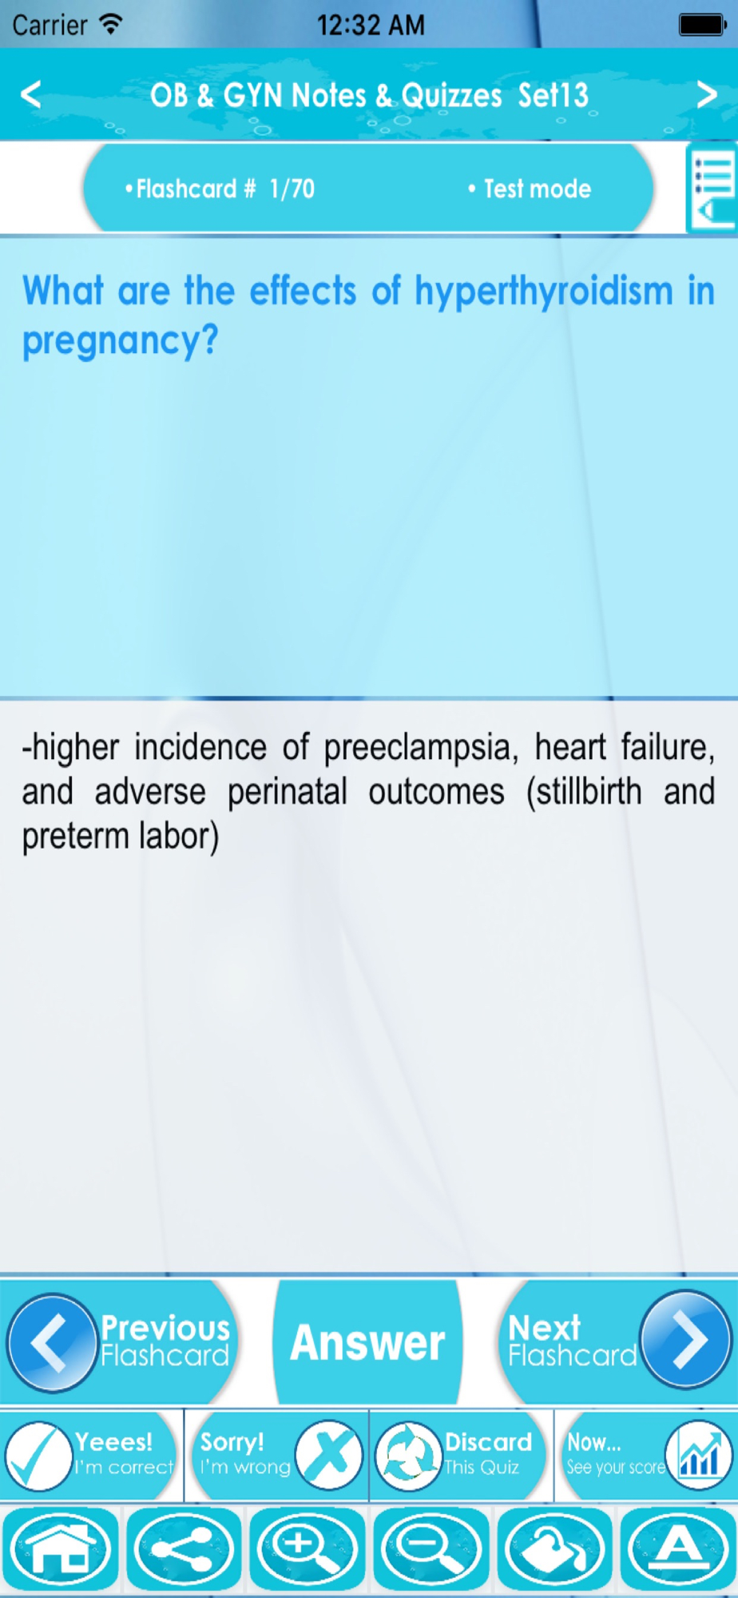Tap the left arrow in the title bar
[x=31, y=94]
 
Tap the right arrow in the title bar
[x=707, y=94]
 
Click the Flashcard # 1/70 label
[x=220, y=189]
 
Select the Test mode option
[x=530, y=189]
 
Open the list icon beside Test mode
[x=712, y=189]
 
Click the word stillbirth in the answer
[x=584, y=793]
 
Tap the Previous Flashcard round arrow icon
[x=52, y=1343]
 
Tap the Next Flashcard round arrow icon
[x=685, y=1339]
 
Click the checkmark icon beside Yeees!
[x=38, y=1457]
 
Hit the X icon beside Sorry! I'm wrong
[x=329, y=1455]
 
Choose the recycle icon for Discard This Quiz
[x=408, y=1457]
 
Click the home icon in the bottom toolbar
[x=61, y=1548]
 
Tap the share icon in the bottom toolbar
[x=184, y=1548]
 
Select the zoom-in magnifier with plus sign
[x=307, y=1548]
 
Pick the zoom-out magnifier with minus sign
[x=430, y=1548]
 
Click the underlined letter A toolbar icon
[x=677, y=1548]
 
